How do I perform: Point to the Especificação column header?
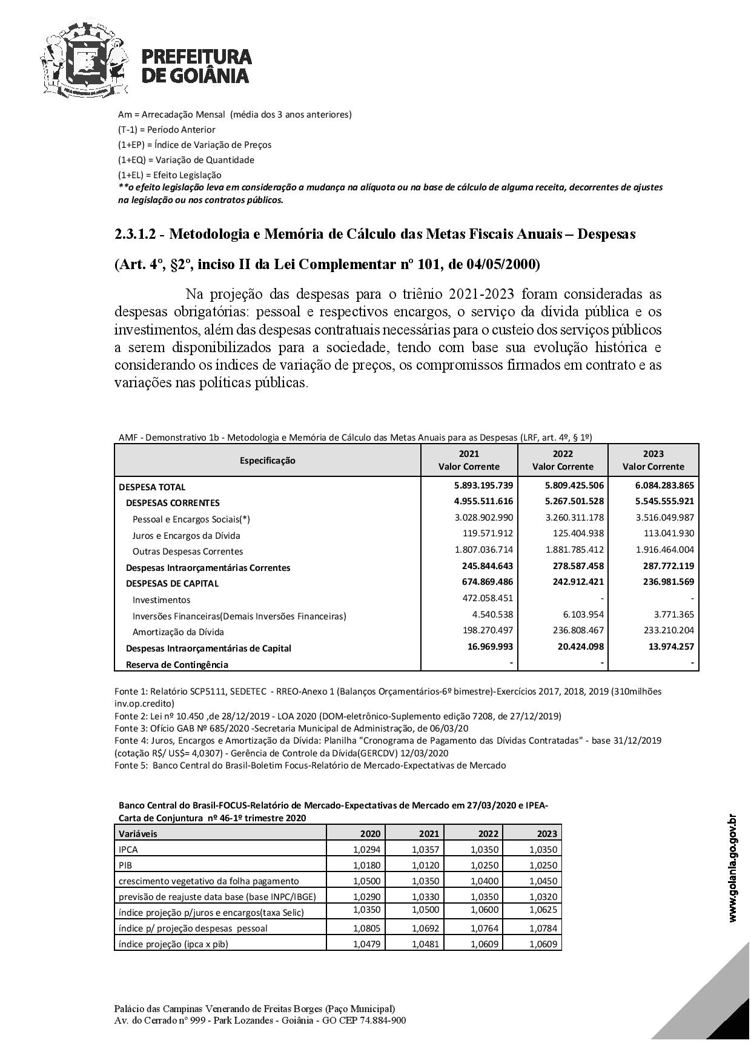point(267,461)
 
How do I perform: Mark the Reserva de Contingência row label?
point(177,665)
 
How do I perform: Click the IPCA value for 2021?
point(426,850)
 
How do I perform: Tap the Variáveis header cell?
point(138,834)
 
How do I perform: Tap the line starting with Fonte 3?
point(291,728)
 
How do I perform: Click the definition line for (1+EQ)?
point(186,160)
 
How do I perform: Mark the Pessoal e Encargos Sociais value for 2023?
point(664,518)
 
